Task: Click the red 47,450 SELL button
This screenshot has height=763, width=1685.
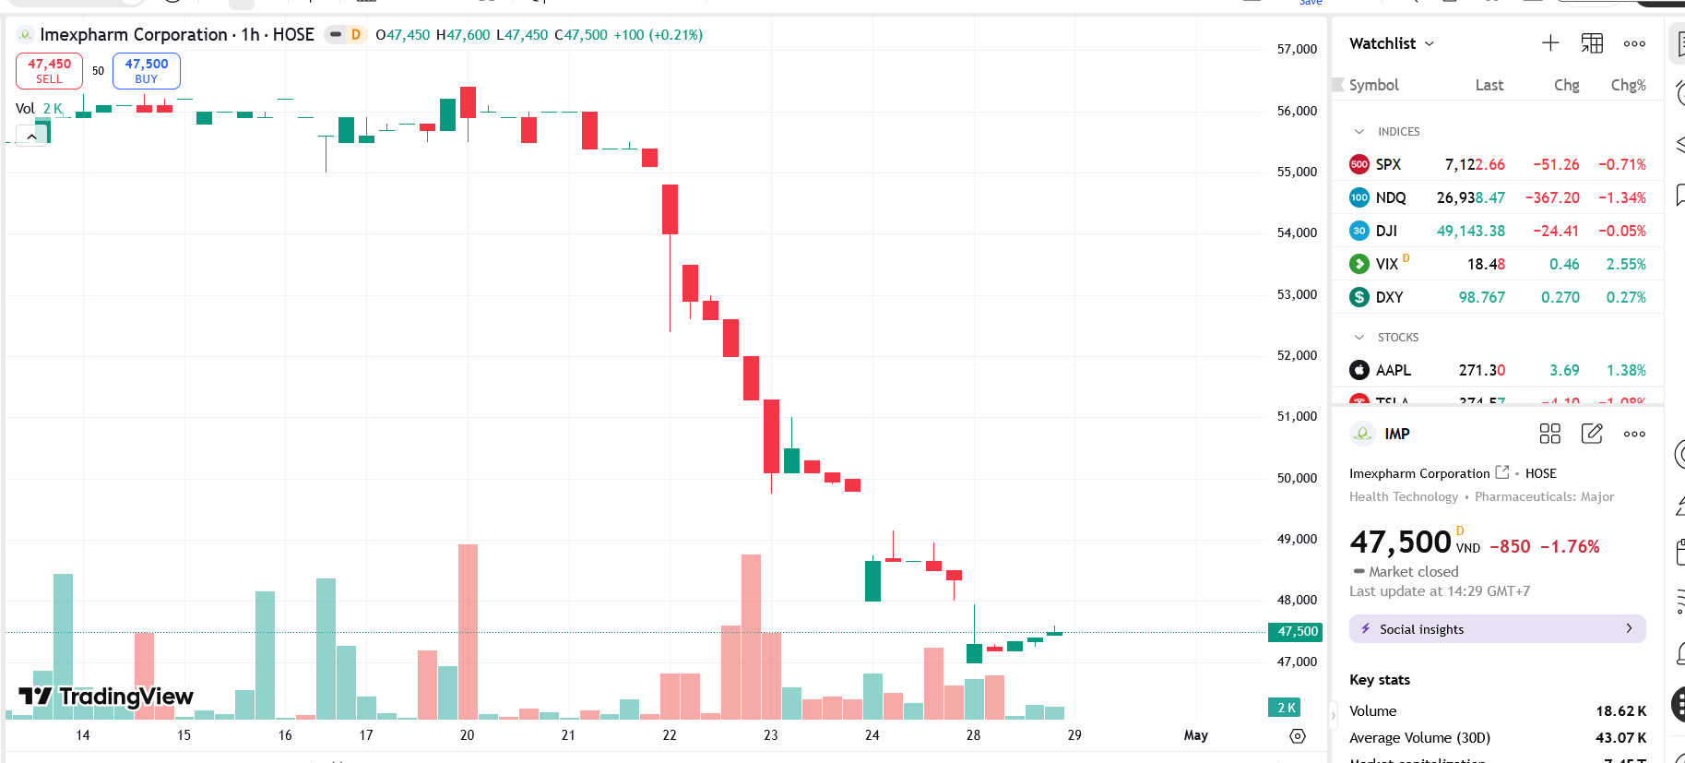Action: (x=49, y=71)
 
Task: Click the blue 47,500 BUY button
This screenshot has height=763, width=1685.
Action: (x=146, y=71)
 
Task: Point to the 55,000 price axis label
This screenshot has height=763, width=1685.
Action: (x=1296, y=172)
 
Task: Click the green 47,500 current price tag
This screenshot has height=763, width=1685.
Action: (x=1297, y=632)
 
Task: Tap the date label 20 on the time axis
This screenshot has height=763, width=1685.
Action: (x=467, y=735)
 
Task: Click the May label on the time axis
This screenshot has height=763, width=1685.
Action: (x=1195, y=735)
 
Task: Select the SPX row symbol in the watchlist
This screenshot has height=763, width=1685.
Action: (x=1388, y=164)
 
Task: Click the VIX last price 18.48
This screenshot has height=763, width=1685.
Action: (x=1486, y=264)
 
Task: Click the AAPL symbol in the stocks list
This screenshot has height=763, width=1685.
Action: (x=1393, y=370)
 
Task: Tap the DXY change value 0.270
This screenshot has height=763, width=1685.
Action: (x=1560, y=297)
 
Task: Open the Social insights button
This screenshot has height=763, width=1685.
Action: (x=1497, y=629)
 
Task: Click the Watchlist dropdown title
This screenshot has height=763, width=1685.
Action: (x=1391, y=43)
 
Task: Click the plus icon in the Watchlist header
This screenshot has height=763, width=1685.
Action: (x=1550, y=43)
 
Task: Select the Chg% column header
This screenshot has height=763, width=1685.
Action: (x=1628, y=85)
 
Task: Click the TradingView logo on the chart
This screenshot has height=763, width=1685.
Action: (x=106, y=697)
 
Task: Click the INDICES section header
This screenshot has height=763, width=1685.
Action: (x=1398, y=132)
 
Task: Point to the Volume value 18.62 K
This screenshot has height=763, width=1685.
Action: (x=1620, y=711)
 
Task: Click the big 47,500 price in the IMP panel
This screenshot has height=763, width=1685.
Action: (x=1400, y=542)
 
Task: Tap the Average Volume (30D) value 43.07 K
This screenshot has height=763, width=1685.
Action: (x=1620, y=738)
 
